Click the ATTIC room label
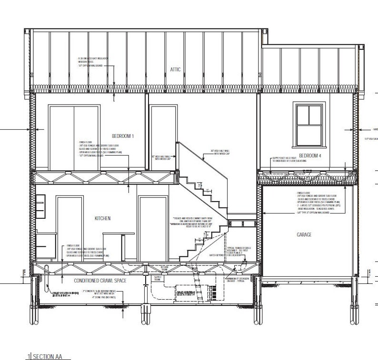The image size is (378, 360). [x=175, y=69]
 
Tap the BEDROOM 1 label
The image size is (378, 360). [x=123, y=136]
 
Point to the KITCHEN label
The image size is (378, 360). [x=102, y=218]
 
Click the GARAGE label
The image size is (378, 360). [x=305, y=234]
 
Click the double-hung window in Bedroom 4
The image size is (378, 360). [x=308, y=125]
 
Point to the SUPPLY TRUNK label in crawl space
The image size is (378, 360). [x=158, y=278]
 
